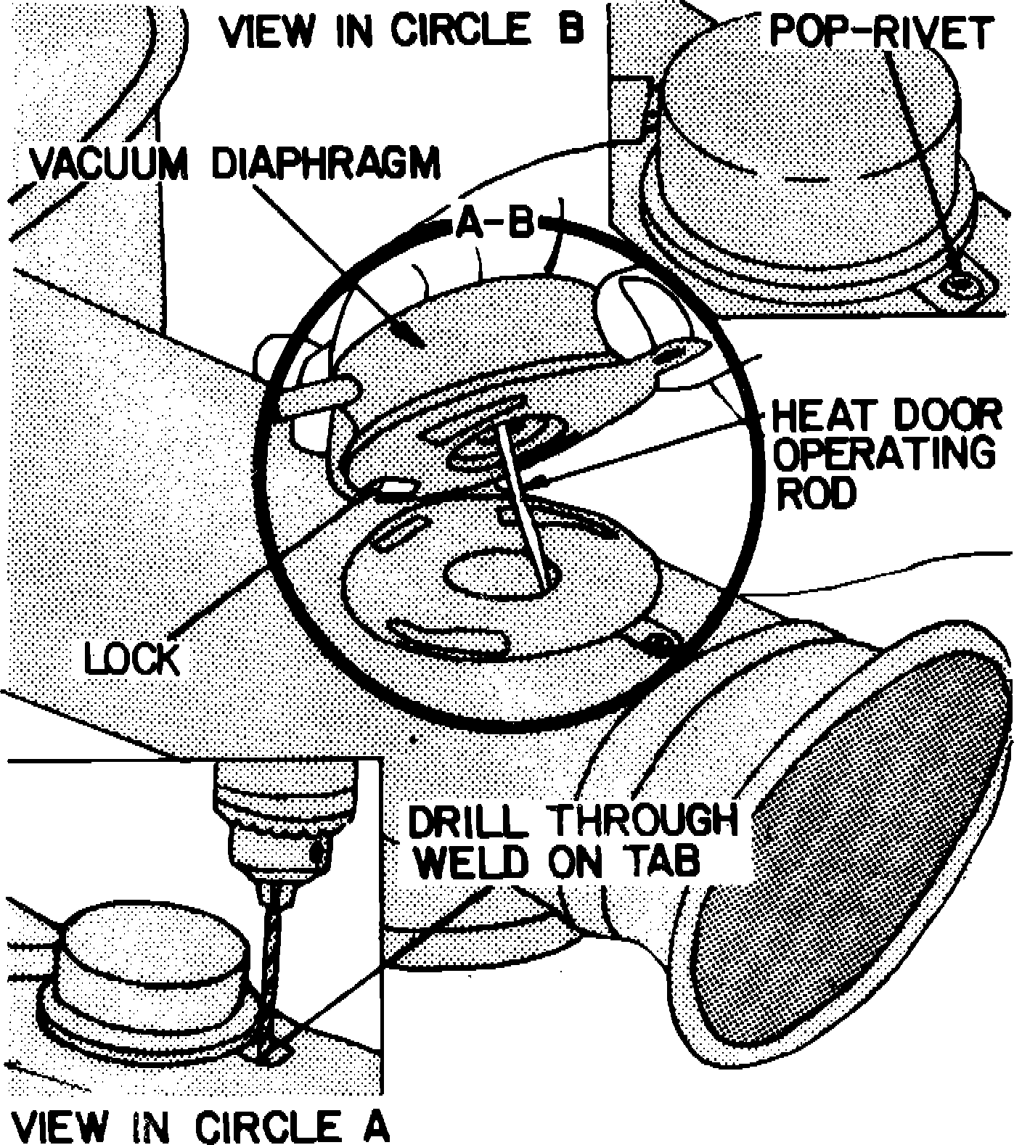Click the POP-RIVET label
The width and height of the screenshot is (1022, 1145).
point(880,33)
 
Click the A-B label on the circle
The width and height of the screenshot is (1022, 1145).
point(495,224)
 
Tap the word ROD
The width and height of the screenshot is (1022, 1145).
point(816,494)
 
